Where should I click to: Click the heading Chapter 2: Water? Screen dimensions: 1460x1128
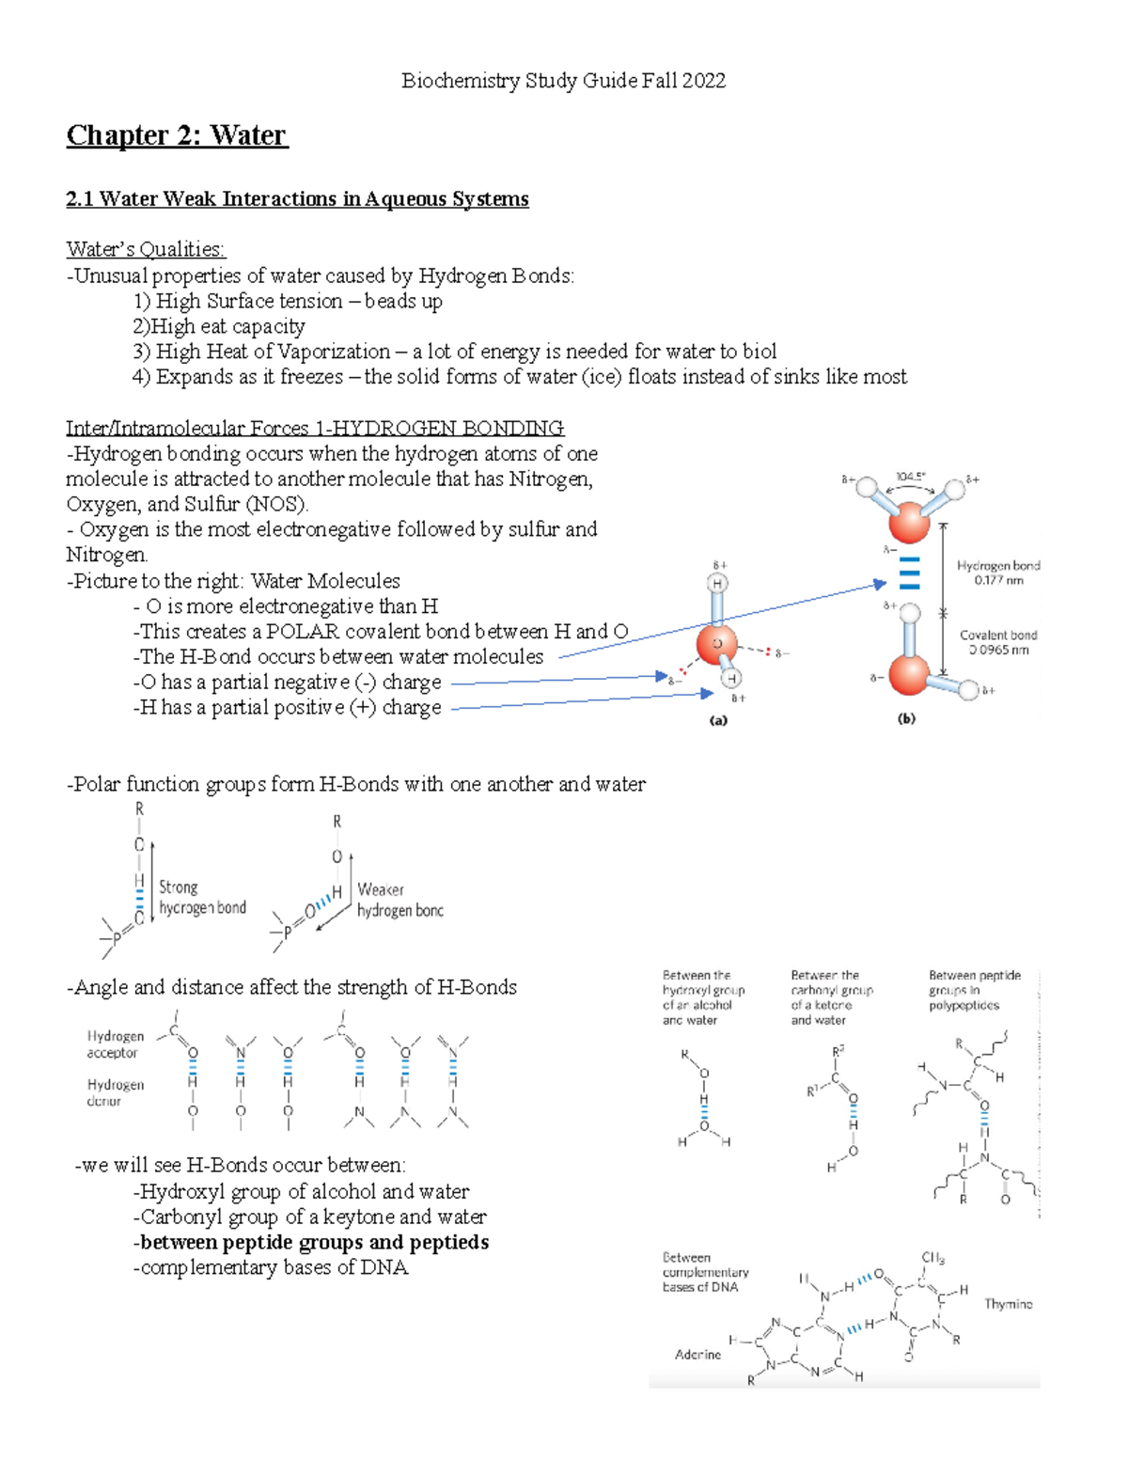[176, 135]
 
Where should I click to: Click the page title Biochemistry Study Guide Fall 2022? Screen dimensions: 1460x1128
[563, 81]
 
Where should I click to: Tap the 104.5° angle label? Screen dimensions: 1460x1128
[909, 477]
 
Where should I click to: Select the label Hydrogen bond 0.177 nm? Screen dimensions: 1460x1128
[998, 573]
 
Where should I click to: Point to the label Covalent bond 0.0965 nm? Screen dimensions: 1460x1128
[998, 642]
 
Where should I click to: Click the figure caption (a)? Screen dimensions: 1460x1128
[718, 721]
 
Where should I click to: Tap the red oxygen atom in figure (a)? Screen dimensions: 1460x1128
[717, 645]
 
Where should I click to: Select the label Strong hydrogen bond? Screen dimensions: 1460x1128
[202, 897]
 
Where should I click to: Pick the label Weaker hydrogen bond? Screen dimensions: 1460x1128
[399, 900]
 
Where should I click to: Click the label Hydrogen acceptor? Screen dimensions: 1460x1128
[115, 1044]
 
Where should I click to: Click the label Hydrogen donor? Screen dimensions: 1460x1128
[115, 1092]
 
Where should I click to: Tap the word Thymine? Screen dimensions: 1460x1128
[1008, 1304]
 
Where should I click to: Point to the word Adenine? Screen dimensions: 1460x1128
[697, 1355]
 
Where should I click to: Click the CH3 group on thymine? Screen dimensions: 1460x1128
[932, 1258]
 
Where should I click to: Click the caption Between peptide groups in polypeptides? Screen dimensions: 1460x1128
[974, 990]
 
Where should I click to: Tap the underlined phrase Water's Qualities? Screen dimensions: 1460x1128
[146, 249]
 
